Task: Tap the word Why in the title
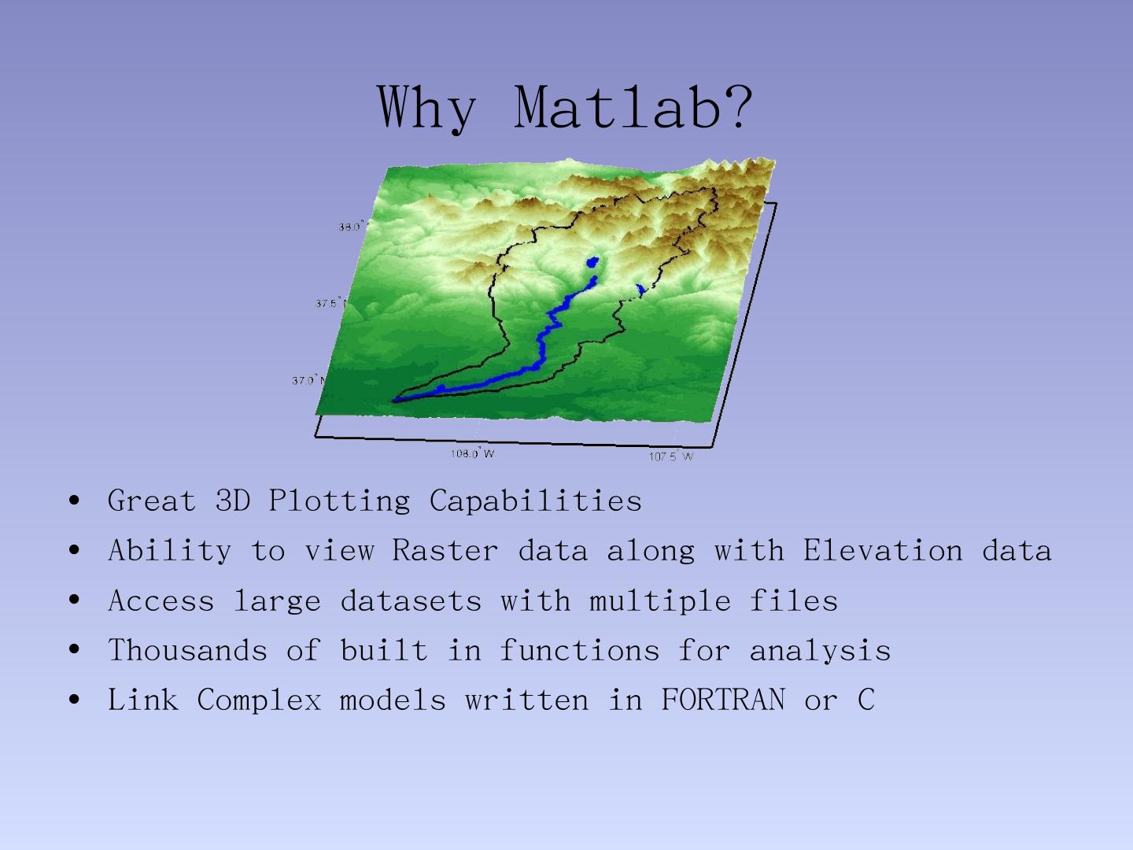tap(426, 109)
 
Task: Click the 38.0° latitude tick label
tap(352, 226)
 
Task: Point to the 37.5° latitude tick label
tap(327, 303)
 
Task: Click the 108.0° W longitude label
tap(472, 453)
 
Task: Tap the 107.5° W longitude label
tap(671, 456)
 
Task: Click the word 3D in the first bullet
tap(233, 500)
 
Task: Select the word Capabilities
tap(535, 500)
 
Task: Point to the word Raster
tap(445, 549)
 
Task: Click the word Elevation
tap(883, 549)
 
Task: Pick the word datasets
tap(411, 601)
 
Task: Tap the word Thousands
tap(188, 649)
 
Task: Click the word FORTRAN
tap(723, 700)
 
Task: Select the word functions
tap(580, 649)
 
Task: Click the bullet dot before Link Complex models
tap(74, 700)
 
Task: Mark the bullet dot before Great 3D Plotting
tap(74, 500)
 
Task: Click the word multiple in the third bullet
tap(660, 601)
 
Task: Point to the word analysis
tap(820, 651)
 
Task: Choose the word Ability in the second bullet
tap(170, 551)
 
